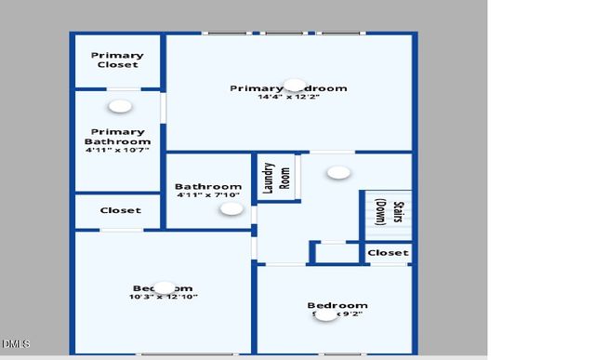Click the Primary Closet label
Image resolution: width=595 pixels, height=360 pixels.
(117, 60)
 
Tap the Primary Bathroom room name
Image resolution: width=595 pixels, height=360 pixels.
(117, 137)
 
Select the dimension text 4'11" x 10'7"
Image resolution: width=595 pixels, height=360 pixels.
(117, 150)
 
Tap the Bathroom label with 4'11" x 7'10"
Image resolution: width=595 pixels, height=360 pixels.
(208, 187)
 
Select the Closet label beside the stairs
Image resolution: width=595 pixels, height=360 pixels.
(387, 252)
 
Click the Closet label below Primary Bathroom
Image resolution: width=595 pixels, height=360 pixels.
(121, 210)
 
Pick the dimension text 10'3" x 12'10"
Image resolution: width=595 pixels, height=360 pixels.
(163, 297)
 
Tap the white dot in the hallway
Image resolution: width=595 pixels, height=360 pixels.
(338, 172)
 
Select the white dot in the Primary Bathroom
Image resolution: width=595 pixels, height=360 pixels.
(119, 107)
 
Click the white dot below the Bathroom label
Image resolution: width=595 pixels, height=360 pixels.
(231, 209)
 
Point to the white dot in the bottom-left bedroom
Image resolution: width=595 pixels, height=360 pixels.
(164, 287)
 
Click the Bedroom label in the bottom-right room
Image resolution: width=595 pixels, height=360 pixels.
(337, 305)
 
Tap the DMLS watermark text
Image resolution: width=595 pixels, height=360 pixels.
(15, 344)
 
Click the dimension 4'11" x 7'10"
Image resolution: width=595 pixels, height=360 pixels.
(208, 195)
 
